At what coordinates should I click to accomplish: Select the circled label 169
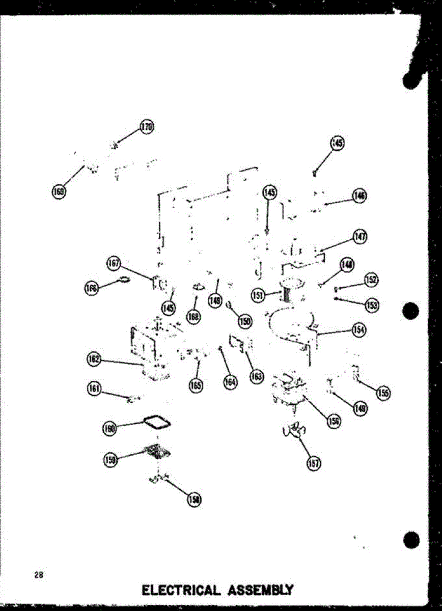pyautogui.click(x=59, y=191)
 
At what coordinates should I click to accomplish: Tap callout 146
pyautogui.click(x=360, y=196)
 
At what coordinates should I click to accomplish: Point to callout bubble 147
pyautogui.click(x=361, y=236)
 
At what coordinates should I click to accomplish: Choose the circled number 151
pyautogui.click(x=258, y=294)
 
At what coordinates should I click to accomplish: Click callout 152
pyautogui.click(x=371, y=280)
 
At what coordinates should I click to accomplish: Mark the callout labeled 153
pyautogui.click(x=372, y=304)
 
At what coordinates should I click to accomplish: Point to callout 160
pyautogui.click(x=109, y=428)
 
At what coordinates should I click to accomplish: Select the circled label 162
pyautogui.click(x=94, y=359)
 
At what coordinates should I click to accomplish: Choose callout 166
pyautogui.click(x=90, y=288)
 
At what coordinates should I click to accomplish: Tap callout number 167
pyautogui.click(x=113, y=263)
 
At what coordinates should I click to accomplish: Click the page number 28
pyautogui.click(x=38, y=576)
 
